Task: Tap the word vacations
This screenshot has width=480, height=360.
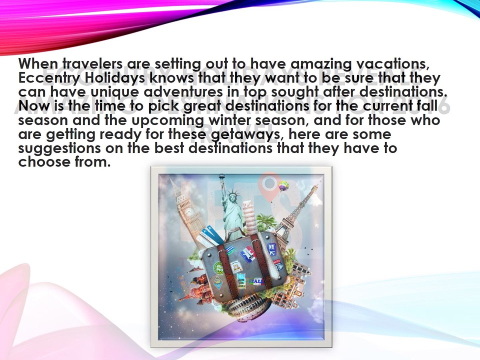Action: point(389,64)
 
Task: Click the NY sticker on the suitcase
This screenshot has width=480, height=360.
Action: point(272,248)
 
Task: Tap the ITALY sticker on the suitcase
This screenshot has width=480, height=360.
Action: point(258,281)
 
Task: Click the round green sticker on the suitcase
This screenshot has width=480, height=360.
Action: point(218,267)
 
